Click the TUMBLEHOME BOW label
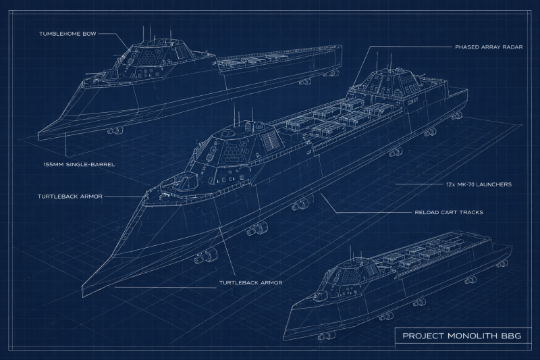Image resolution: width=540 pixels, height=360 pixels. pos(67,34)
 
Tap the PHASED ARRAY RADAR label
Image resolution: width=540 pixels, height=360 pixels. pos(489,47)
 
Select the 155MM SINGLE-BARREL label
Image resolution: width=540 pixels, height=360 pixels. pos(79,164)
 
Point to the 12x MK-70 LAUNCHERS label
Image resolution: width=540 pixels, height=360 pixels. pos(479,184)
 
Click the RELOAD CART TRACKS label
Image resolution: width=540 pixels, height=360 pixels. pos(449,212)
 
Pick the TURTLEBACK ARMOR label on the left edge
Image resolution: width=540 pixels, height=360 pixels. pos(70,197)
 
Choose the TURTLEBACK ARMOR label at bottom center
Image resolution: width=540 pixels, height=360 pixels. pos(250,283)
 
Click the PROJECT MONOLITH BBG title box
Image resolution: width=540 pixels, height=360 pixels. pos(462,335)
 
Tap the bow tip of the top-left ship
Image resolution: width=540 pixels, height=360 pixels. pos(38,133)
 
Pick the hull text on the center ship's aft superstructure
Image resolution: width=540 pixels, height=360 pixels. pos(412,101)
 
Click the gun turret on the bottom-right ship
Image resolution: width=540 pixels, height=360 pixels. pos(320,295)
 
